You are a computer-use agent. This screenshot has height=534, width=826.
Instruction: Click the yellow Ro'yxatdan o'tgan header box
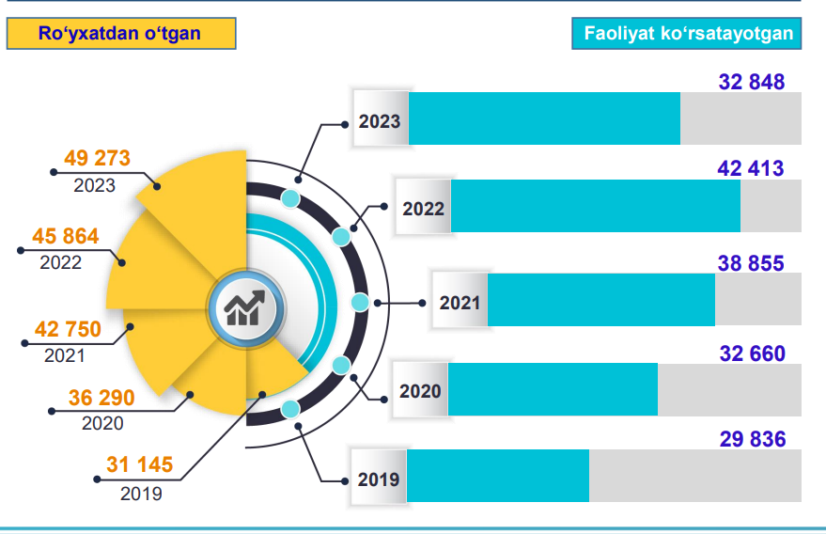(119, 34)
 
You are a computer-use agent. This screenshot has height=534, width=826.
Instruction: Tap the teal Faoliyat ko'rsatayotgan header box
(687, 34)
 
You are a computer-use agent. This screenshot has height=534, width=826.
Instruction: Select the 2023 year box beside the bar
(380, 120)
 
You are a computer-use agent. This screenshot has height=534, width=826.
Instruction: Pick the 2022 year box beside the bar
(423, 208)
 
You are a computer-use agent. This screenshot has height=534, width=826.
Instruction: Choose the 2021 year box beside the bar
(460, 302)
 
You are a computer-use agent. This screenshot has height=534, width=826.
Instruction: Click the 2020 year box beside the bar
(420, 390)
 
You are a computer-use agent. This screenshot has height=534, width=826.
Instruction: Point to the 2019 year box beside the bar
(379, 479)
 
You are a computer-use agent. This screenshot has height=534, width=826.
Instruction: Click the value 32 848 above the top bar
(752, 83)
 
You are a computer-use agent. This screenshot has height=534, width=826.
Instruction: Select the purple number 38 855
(751, 264)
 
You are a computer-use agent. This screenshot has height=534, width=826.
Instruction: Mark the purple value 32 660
(752, 353)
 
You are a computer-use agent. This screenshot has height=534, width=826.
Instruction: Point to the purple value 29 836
(753, 439)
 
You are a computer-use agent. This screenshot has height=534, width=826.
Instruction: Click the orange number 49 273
(97, 158)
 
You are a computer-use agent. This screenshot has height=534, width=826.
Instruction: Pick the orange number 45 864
(65, 236)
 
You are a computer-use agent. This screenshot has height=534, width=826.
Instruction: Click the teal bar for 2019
(498, 476)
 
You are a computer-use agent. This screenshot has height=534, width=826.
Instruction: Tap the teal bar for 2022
(596, 206)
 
